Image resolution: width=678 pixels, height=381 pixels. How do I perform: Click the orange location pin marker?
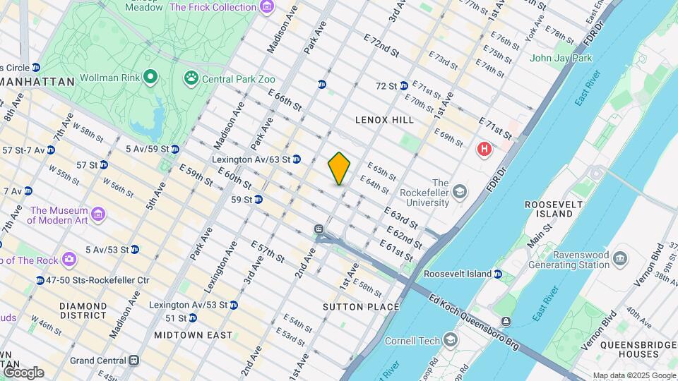339,168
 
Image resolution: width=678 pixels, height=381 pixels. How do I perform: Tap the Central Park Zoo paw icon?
191,78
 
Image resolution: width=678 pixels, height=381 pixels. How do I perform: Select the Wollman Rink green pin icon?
150,76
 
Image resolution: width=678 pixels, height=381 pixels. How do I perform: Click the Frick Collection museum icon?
266,7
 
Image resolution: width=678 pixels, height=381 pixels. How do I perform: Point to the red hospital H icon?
484,149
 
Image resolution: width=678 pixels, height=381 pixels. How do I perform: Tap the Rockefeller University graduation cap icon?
460,192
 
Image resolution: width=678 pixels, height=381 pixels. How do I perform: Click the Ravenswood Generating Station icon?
620,257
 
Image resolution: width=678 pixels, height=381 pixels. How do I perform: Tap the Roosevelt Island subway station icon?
498,274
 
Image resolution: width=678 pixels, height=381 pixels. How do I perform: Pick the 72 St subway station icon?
403,85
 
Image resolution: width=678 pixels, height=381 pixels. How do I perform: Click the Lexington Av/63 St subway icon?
297,159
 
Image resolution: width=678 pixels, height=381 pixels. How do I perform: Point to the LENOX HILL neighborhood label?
384,120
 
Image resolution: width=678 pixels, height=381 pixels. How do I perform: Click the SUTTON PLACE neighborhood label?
361,307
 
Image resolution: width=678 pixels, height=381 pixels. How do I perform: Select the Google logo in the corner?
23,372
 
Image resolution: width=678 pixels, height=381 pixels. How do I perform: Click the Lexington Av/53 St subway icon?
234,305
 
